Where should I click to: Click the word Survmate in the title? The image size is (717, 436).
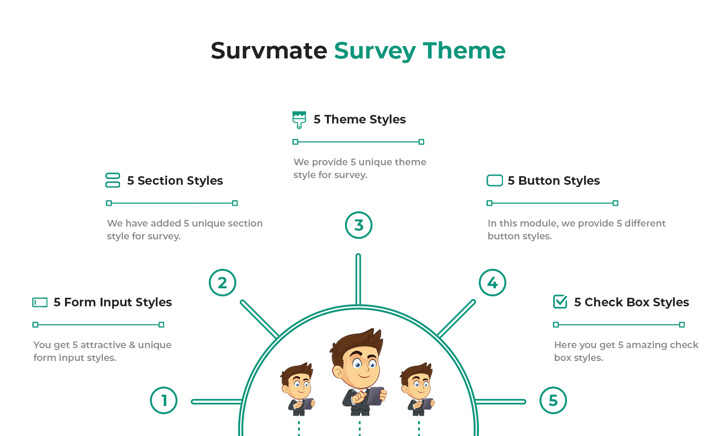pyautogui.click(x=269, y=51)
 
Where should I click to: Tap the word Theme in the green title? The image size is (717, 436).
pyautogui.click(x=464, y=51)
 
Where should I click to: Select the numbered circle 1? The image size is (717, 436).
pyautogui.click(x=164, y=400)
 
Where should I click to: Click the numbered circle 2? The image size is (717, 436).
pyautogui.click(x=223, y=283)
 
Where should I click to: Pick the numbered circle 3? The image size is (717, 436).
pyautogui.click(x=359, y=225)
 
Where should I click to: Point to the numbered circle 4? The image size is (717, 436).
pyautogui.click(x=492, y=283)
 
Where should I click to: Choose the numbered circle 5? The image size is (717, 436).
pyautogui.click(x=553, y=400)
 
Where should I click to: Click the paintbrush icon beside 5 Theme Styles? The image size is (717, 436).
pyautogui.click(x=299, y=120)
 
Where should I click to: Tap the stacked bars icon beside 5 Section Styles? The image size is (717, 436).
pyautogui.click(x=112, y=180)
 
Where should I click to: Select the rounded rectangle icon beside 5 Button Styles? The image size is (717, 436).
pyautogui.click(x=494, y=180)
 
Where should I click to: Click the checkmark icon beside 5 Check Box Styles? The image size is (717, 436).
pyautogui.click(x=560, y=302)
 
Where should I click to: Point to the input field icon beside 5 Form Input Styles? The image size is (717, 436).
pyautogui.click(x=40, y=303)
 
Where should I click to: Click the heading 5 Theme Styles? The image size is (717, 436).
pyautogui.click(x=360, y=119)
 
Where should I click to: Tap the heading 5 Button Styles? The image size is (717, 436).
pyautogui.click(x=554, y=180)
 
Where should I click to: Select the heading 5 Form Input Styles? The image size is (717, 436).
pyautogui.click(x=112, y=303)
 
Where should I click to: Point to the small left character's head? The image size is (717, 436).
pyautogui.click(x=298, y=381)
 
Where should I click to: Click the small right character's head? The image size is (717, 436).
pyautogui.click(x=417, y=381)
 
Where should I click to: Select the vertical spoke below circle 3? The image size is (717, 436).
pyautogui.click(x=358, y=279)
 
